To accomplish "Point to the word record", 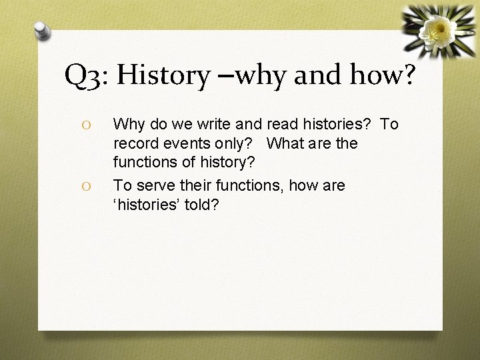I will [135, 143].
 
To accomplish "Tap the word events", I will [187, 143].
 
